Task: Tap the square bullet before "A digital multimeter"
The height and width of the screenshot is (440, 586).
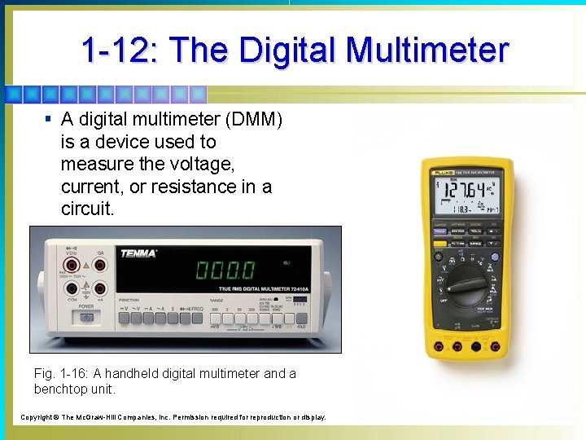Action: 49,119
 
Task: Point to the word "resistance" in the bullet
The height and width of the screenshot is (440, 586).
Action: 192,187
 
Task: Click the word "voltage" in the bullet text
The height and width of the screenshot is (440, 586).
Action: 201,164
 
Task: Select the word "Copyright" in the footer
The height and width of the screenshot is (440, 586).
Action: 37,417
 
